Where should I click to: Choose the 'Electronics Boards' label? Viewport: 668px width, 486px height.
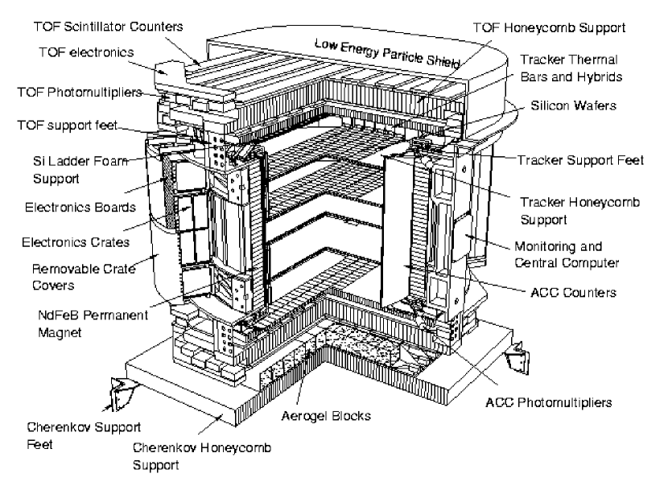point(66,208)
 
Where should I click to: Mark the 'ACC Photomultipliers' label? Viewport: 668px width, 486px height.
point(538,401)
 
